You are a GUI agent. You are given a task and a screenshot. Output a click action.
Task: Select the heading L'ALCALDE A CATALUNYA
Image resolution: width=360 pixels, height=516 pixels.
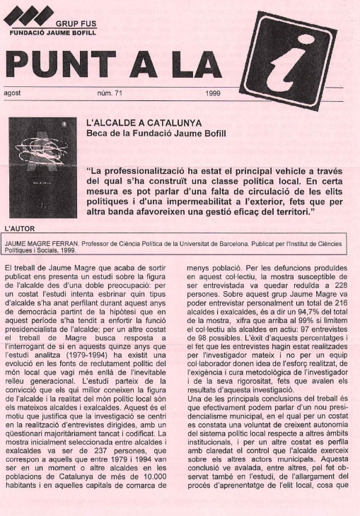point(144,123)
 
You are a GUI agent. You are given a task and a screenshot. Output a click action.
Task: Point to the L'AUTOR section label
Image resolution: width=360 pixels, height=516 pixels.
point(18,228)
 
